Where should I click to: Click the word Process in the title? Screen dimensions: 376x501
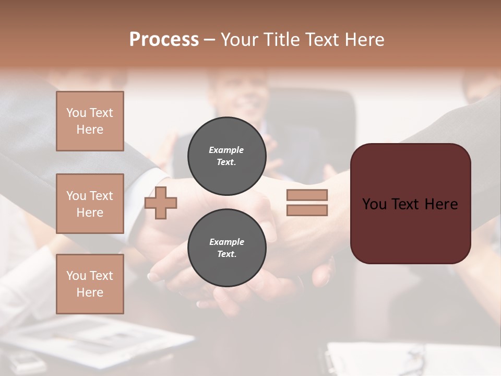(164, 40)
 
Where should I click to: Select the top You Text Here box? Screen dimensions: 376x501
(90, 121)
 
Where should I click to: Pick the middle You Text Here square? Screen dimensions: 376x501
(90, 204)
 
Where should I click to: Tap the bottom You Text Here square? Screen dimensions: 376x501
(90, 284)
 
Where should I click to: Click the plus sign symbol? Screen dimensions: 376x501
(161, 203)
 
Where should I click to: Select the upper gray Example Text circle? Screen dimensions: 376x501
(226, 156)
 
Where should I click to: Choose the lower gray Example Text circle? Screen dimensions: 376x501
(226, 248)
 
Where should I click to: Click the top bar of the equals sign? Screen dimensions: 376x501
(307, 195)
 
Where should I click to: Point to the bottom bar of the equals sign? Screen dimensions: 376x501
(307, 210)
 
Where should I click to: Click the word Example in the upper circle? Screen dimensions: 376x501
(226, 150)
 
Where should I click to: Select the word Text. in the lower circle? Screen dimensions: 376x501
(226, 254)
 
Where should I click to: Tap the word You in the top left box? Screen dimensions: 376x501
(76, 113)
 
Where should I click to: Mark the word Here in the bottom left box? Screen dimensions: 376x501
(90, 292)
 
